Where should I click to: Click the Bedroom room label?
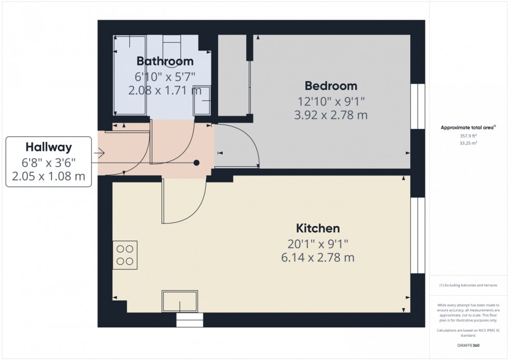pos(331,86)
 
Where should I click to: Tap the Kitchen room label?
pos(318,228)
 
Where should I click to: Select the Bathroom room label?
pos(165,62)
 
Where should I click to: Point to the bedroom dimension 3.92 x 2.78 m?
pos(331,115)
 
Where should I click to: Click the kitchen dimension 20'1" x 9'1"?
pos(318,243)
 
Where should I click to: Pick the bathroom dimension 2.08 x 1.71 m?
pos(165,90)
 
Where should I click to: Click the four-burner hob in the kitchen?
pos(125,255)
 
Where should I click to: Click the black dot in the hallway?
pos(196,163)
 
